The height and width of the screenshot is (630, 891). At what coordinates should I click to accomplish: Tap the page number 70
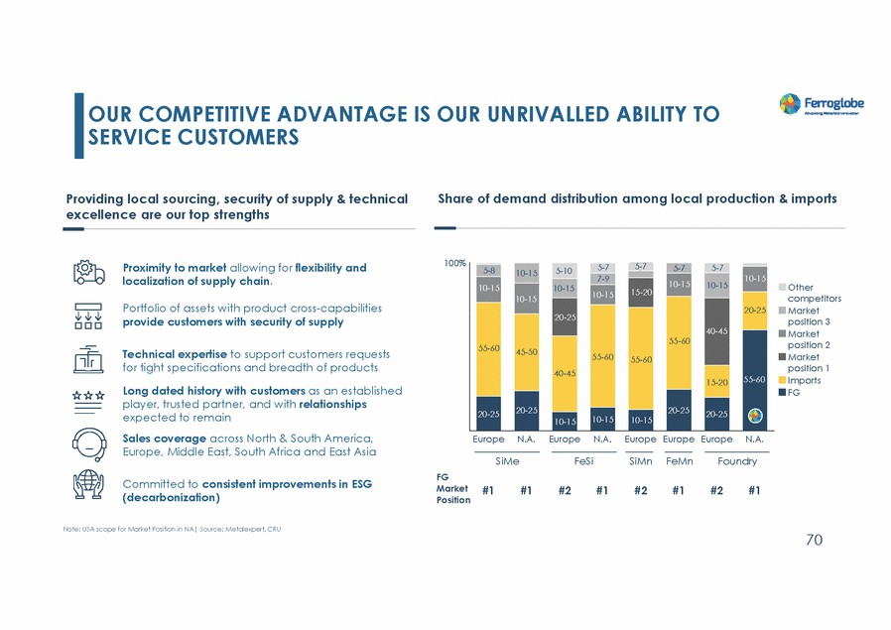[x=814, y=540]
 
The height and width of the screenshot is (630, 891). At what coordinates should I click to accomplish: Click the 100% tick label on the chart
[x=455, y=264]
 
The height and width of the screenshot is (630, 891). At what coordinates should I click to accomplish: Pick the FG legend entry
[x=794, y=393]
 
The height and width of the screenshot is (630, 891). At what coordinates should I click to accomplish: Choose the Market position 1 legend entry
[x=806, y=362]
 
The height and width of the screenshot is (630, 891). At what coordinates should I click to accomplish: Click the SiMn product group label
[x=640, y=461]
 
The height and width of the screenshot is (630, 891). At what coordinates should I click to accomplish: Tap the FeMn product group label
[x=679, y=461]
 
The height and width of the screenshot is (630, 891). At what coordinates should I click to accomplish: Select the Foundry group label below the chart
[x=736, y=461]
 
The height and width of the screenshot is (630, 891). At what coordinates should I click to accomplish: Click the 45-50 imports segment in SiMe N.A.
[x=526, y=351]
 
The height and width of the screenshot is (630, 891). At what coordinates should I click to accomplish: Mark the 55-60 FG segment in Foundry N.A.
[x=754, y=380]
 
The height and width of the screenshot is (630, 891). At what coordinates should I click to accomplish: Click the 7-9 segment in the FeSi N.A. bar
[x=602, y=279]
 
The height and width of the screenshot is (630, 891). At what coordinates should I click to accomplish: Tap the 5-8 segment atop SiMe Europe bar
[x=488, y=270]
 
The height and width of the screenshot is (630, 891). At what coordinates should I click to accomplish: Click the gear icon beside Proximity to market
[x=88, y=273]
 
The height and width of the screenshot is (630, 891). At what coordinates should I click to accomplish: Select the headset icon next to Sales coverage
[x=88, y=443]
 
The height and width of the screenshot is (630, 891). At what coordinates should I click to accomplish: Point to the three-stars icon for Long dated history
[x=88, y=395]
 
